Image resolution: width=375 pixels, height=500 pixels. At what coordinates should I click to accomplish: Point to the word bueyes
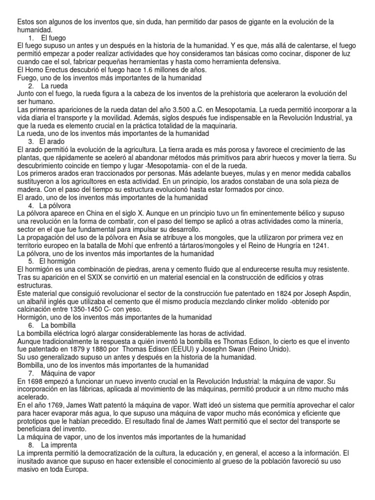[x=259, y=173]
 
